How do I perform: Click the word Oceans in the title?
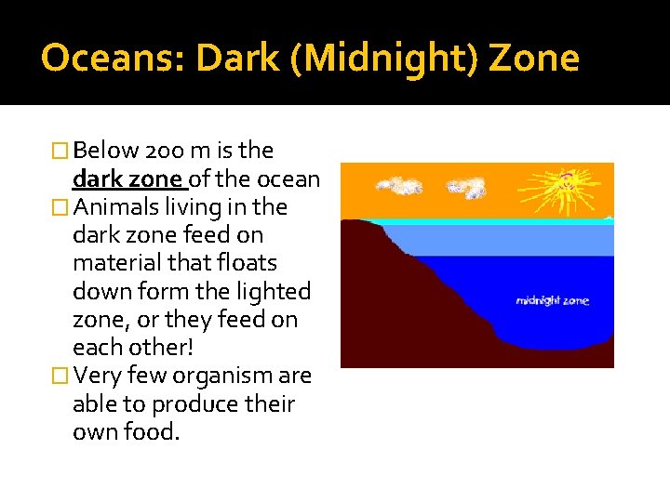click(97, 59)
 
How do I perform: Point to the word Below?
click(106, 151)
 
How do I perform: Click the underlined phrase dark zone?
click(128, 178)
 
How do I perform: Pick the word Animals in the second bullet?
click(117, 206)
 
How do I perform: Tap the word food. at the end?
click(155, 432)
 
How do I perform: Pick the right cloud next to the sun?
click(466, 189)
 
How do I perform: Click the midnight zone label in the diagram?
click(553, 301)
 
